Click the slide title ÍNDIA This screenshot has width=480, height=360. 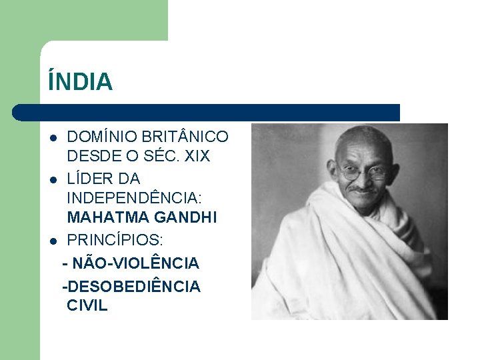80,82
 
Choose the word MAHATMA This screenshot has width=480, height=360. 103,218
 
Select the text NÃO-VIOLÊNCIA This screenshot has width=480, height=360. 137,264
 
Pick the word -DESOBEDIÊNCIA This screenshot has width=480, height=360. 131,287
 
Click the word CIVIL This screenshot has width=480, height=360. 87,307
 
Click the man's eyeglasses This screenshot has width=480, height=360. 364,174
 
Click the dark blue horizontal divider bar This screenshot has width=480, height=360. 207,112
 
